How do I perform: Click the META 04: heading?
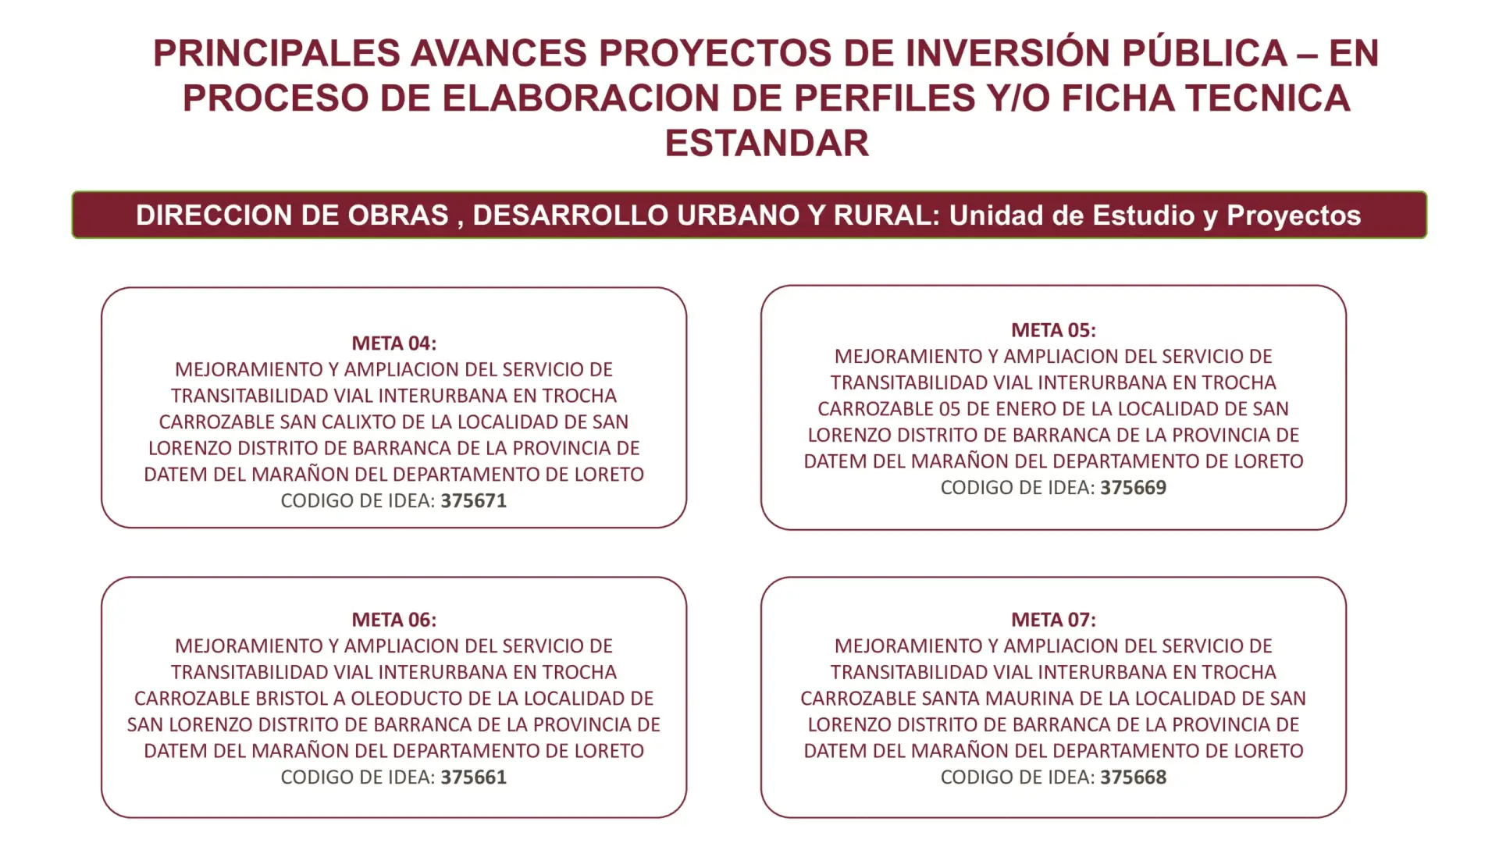point(393,343)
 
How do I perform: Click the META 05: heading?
point(1053,330)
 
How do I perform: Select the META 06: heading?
point(393,620)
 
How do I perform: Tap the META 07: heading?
point(1053,620)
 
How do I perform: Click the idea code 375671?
point(474,500)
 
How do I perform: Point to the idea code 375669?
point(1134,487)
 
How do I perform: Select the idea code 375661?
point(474,777)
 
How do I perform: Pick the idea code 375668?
point(1134,777)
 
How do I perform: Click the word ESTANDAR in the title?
point(767,144)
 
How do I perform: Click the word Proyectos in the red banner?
point(1294,215)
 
